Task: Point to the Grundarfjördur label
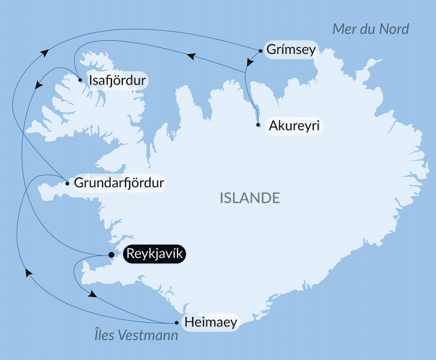pos(119,183)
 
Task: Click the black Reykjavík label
pos(155,254)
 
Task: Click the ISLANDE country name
pos(250,198)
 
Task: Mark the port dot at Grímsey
pos(260,50)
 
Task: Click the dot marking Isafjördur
pos(80,79)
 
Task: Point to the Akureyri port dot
pos(258,125)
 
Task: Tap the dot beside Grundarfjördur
pos(67,183)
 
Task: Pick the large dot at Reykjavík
pos(111,255)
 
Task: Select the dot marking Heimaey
pos(176,322)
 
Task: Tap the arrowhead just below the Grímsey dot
pos(248,62)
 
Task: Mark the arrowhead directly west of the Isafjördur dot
pos(38,86)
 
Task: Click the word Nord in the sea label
pos(393,29)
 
